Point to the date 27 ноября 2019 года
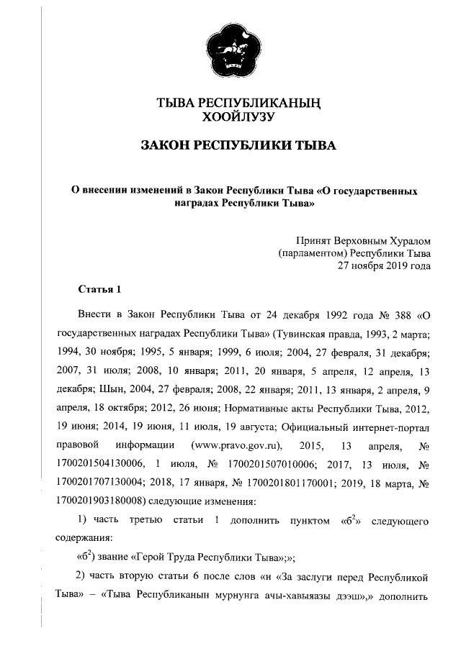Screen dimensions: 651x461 [x=385, y=265]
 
